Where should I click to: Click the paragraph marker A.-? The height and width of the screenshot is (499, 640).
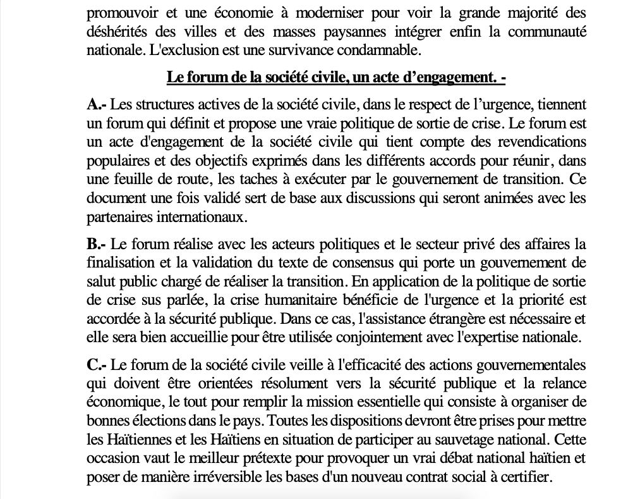click(97, 104)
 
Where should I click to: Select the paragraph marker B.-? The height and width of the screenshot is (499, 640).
click(97, 245)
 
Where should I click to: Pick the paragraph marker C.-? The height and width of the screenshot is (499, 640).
click(97, 366)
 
